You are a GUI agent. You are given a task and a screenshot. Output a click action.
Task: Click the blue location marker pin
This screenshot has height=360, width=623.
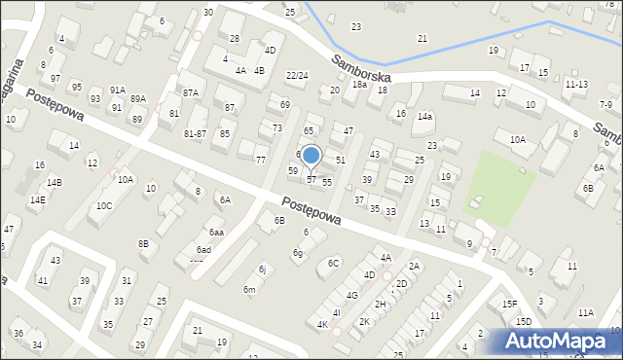click(x=311, y=156)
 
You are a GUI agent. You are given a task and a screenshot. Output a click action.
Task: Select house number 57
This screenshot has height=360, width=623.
click(x=311, y=179)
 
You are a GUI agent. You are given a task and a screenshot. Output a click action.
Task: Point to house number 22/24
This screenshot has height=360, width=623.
click(x=297, y=75)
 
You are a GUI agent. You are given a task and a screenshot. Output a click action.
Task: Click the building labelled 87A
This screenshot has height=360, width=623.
click(x=191, y=92)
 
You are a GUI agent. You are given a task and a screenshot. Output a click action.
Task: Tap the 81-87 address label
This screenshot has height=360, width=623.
click(x=195, y=133)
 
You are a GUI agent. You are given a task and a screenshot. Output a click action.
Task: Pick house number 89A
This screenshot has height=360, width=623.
click(x=138, y=98)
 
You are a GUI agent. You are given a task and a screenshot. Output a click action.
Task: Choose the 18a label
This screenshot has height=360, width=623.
click(x=359, y=85)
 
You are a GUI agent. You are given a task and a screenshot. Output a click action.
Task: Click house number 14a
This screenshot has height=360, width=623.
click(x=424, y=117)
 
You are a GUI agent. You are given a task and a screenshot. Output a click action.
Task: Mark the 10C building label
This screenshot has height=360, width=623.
click(x=104, y=205)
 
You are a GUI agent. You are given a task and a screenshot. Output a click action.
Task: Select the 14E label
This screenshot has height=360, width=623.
click(x=37, y=199)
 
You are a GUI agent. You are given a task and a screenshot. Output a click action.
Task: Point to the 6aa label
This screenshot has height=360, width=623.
click(x=216, y=233)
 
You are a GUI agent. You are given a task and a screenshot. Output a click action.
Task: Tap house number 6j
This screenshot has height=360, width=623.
click(x=262, y=269)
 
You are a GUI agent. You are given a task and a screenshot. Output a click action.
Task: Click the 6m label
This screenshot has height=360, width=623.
click(x=249, y=289)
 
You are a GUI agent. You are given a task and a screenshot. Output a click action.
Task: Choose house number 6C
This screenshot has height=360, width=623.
click(x=334, y=263)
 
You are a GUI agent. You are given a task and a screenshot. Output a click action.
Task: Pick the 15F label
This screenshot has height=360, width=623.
click(x=509, y=304)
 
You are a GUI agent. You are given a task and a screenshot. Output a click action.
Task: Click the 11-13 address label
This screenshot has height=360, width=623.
click(x=576, y=85)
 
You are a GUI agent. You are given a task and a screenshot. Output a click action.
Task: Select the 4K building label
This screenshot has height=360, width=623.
click(x=321, y=324)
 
